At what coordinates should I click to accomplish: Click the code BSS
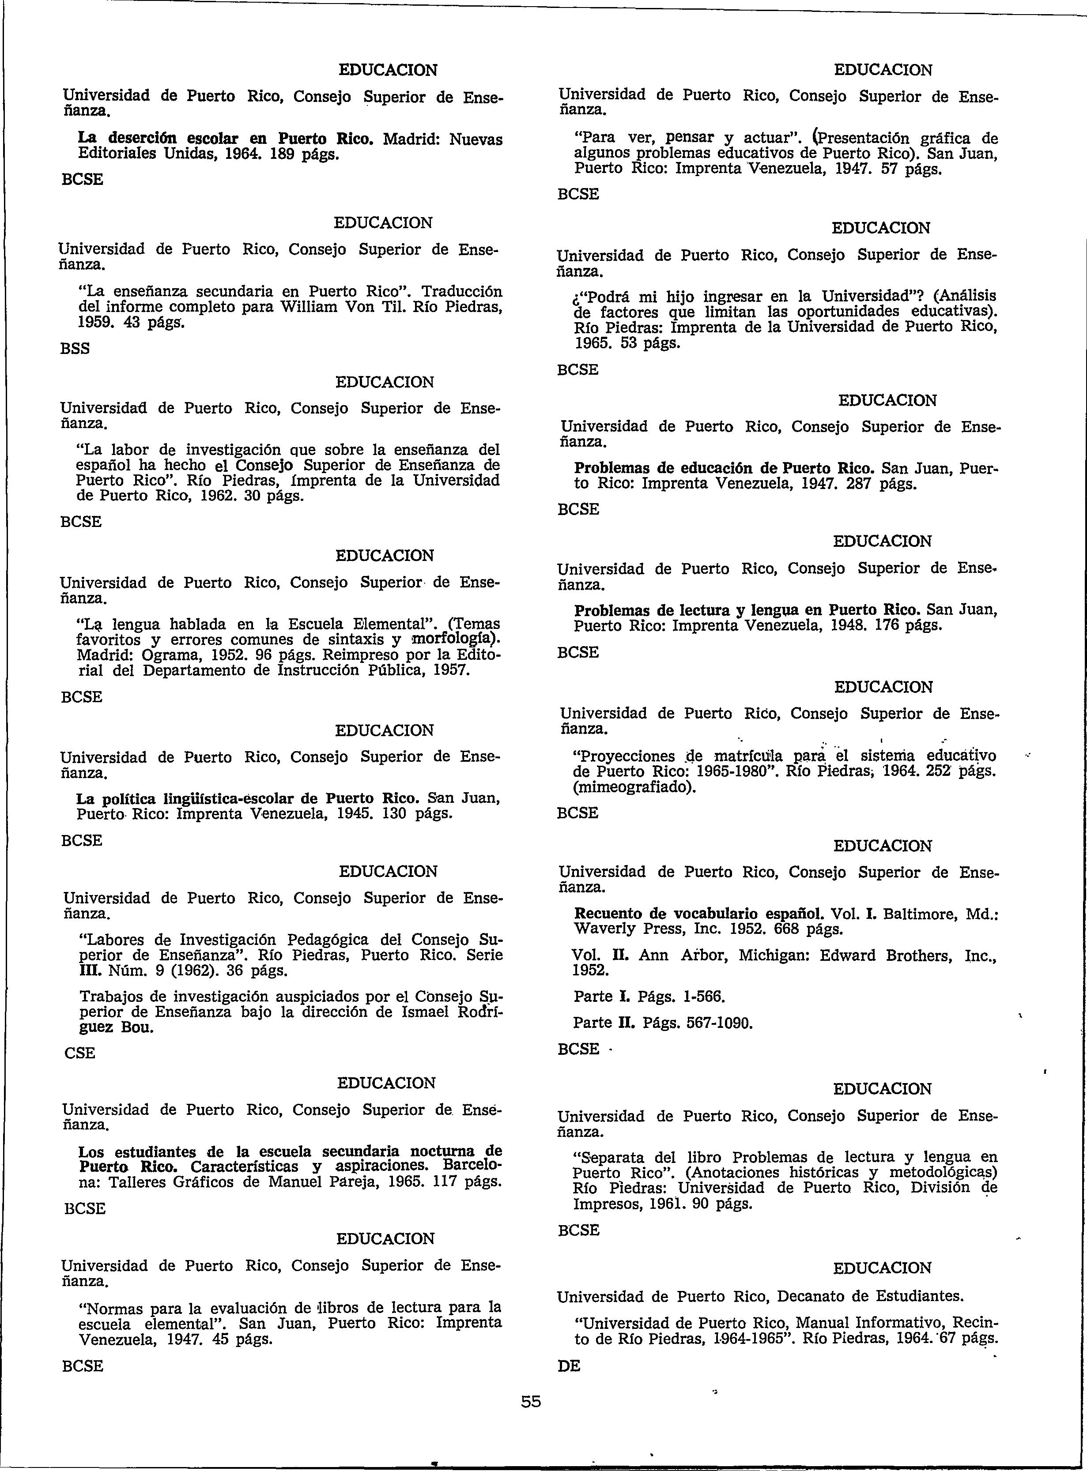click(75, 349)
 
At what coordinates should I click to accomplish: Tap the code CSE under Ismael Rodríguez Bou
click(79, 1053)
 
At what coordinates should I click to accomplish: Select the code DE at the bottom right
click(569, 1366)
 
